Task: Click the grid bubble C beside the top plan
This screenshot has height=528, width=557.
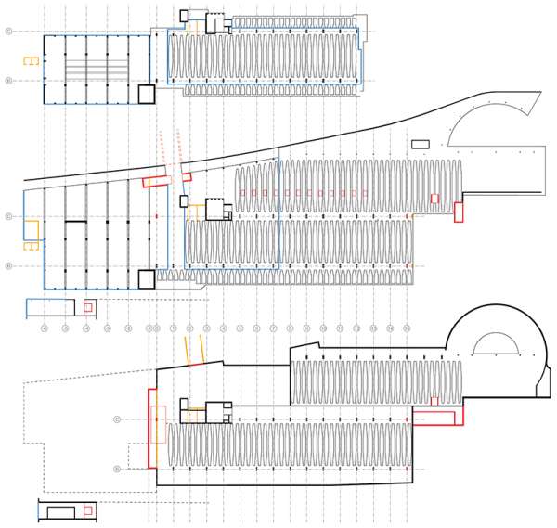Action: (9, 31)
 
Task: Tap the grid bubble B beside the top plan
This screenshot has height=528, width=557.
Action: (9, 81)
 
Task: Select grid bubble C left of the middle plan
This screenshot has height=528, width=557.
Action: (9, 216)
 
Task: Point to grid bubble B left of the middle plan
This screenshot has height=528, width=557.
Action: (9, 266)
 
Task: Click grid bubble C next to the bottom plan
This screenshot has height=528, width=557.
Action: (117, 419)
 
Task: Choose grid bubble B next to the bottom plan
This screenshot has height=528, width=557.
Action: (117, 470)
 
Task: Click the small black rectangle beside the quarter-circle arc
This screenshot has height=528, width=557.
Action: (421, 144)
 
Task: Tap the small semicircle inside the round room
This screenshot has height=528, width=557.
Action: (496, 345)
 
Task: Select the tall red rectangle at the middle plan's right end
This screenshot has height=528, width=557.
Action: (458, 212)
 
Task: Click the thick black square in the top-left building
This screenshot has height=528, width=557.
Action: (146, 94)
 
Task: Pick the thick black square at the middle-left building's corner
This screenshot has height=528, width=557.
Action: (146, 279)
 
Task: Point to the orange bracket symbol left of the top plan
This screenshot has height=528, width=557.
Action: (32, 62)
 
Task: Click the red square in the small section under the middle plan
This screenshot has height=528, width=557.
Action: (88, 307)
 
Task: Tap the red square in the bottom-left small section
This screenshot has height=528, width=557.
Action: (88, 510)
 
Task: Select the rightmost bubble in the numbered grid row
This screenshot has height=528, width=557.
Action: (407, 328)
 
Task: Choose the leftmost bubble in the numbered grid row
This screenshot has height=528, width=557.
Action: (45, 328)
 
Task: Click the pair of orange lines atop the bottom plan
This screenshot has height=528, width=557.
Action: (194, 351)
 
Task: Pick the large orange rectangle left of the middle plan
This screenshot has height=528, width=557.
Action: (32, 230)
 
